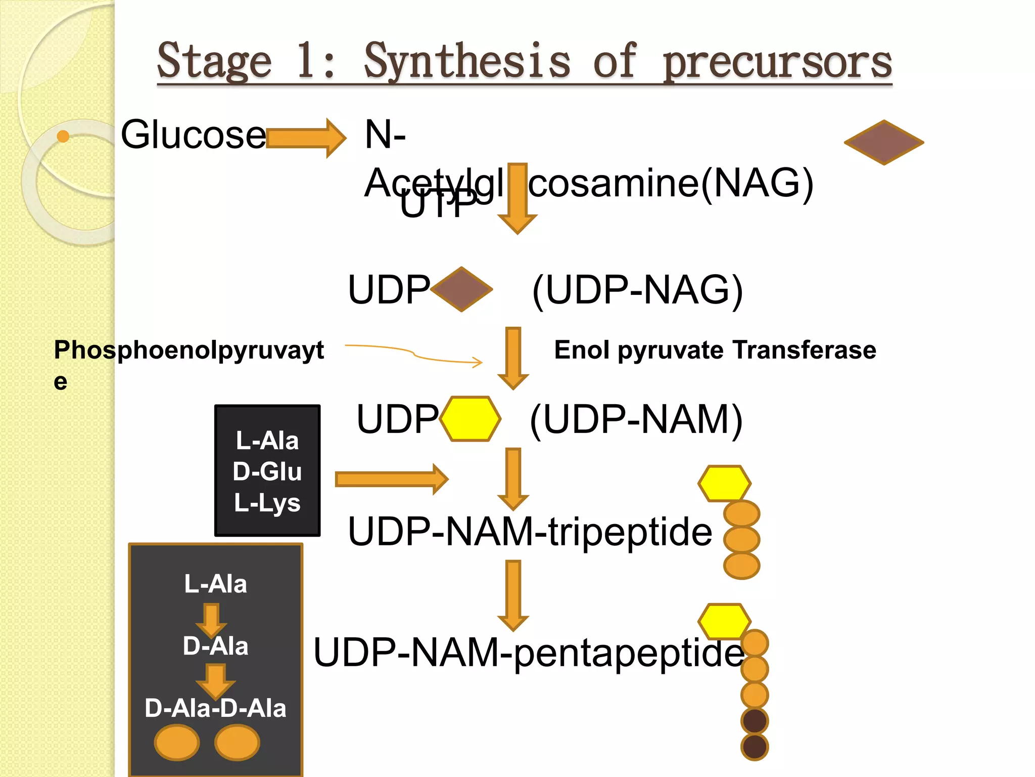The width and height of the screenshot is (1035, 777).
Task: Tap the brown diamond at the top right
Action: pyautogui.click(x=883, y=142)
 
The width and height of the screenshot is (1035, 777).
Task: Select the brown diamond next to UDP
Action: pyautogui.click(x=461, y=289)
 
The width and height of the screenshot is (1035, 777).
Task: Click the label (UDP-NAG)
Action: pyautogui.click(x=637, y=290)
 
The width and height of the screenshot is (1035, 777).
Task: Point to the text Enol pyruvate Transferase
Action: pyautogui.click(x=715, y=350)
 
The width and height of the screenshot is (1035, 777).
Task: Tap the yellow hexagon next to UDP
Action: pyautogui.click(x=470, y=419)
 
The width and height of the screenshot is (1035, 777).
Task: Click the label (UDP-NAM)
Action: pyautogui.click(x=636, y=419)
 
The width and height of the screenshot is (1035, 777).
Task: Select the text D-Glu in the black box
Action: pyautogui.click(x=267, y=471)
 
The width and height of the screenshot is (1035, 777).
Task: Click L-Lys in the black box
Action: pyautogui.click(x=267, y=503)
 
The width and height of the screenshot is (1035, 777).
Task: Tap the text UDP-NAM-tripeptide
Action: pyautogui.click(x=530, y=532)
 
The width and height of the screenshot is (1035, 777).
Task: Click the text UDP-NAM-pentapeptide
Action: pyautogui.click(x=528, y=653)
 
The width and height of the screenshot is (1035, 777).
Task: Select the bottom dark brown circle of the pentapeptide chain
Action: pyautogui.click(x=755, y=747)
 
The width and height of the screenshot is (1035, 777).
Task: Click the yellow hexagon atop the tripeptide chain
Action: pyautogui.click(x=724, y=484)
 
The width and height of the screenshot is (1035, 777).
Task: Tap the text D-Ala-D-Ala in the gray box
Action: pyautogui.click(x=215, y=708)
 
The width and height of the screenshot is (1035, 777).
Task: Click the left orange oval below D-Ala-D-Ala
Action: pyautogui.click(x=177, y=743)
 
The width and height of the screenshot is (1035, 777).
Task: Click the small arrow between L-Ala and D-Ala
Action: pyautogui.click(x=211, y=619)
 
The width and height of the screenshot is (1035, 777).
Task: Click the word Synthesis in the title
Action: pyautogui.click(x=466, y=62)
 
